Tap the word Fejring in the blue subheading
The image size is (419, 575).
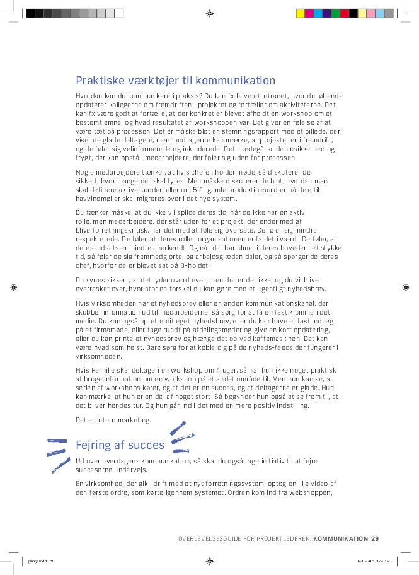click(92, 445)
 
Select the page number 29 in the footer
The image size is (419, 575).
click(375, 538)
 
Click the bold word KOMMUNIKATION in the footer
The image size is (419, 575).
click(340, 538)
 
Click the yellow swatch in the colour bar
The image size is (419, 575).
click(300, 13)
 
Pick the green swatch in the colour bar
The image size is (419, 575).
click(335, 13)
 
